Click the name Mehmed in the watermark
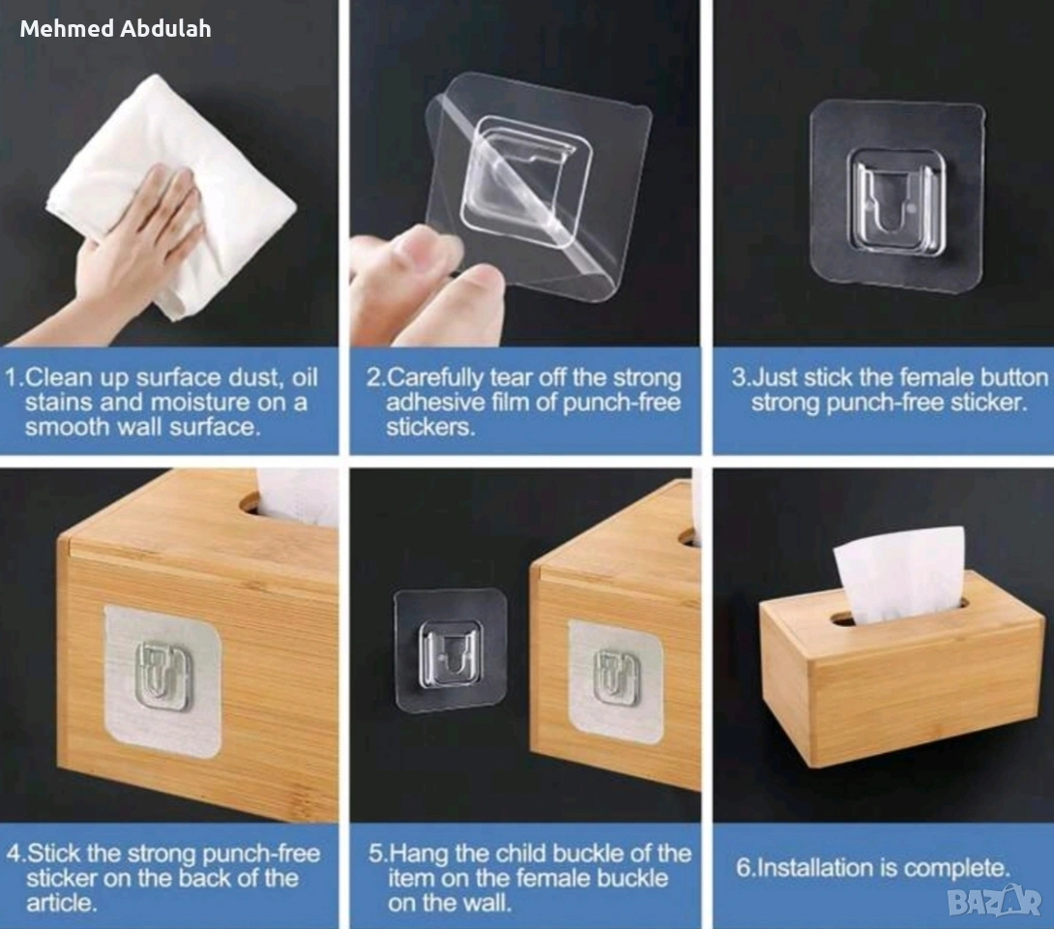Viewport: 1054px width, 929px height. click(67, 28)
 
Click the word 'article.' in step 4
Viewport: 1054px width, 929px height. click(62, 903)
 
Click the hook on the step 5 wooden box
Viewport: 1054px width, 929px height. click(616, 677)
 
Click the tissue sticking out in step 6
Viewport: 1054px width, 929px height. click(899, 574)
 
